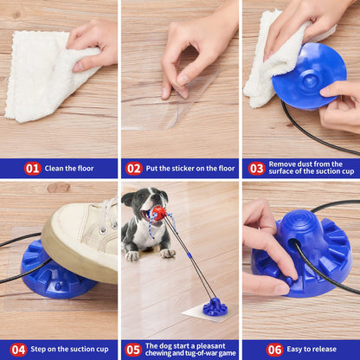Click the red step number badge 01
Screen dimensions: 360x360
(32, 169)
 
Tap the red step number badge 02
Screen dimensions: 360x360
(134, 169)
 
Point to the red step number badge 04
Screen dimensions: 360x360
(19, 350)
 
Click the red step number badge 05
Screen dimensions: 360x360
(132, 350)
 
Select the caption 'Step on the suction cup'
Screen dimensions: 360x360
(69, 350)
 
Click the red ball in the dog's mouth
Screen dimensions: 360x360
(159, 212)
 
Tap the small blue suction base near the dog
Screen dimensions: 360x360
(215, 306)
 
